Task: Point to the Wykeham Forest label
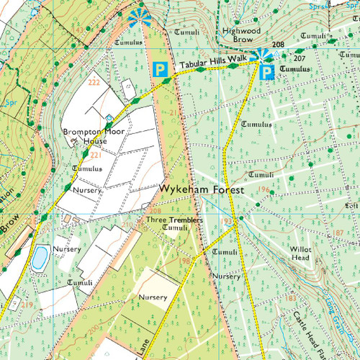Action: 202,189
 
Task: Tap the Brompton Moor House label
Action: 90,137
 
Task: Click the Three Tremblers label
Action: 174,220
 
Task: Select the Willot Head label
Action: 300,253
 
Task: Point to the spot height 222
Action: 93,83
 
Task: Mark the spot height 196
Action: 264,189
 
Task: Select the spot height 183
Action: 291,297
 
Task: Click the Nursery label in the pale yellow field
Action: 153,297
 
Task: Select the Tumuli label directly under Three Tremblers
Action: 175,228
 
